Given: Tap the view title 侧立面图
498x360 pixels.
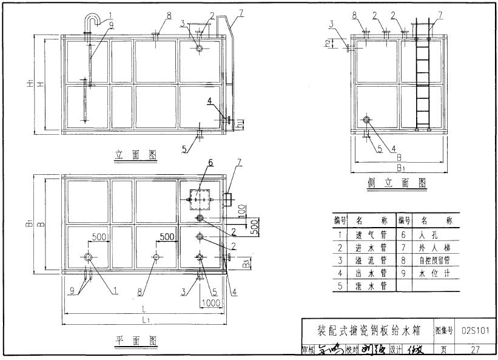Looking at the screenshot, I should pyautogui.click(x=396, y=183).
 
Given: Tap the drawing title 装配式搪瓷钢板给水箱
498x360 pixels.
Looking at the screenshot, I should pyautogui.click(x=369, y=331).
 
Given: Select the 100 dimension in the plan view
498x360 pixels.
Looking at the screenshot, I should pyautogui.click(x=241, y=210).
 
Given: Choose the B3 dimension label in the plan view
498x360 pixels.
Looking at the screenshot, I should pyautogui.click(x=244, y=263).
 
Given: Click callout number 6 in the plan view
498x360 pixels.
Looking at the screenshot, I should pyautogui.click(x=210, y=163).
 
